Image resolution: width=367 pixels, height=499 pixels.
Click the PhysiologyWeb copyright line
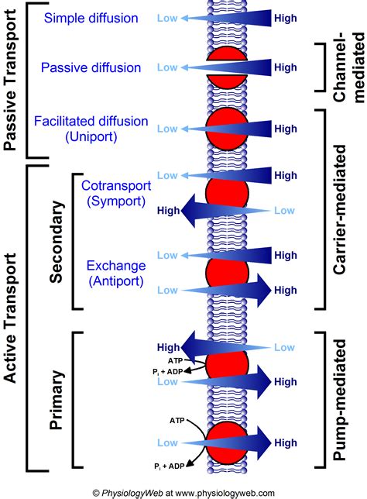coord(183,492)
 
